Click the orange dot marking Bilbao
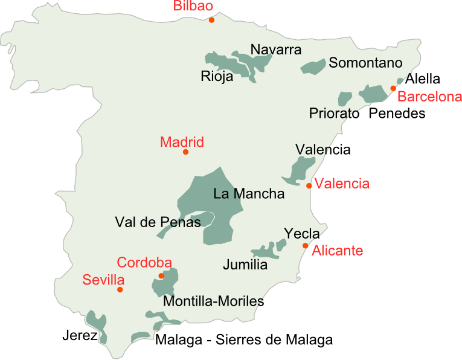(x=211, y=20)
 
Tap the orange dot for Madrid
(x=185, y=152)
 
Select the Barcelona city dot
(x=393, y=88)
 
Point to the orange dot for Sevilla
(x=120, y=289)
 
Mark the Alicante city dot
(x=306, y=245)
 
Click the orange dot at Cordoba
(x=161, y=276)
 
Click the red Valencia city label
(x=342, y=184)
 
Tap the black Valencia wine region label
(x=322, y=149)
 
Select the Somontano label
(x=365, y=63)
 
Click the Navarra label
(x=276, y=50)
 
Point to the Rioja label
(x=217, y=77)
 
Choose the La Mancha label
(x=249, y=194)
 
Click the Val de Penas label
(x=158, y=222)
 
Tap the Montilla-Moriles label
(x=214, y=301)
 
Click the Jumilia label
(x=245, y=265)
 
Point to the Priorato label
(x=334, y=113)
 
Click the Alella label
(x=422, y=79)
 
